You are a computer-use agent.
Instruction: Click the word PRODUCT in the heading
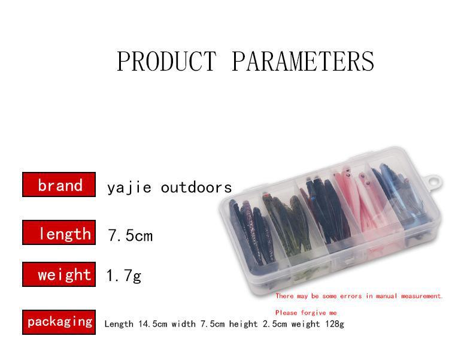tap(166, 61)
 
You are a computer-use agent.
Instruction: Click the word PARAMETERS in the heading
tap(303, 61)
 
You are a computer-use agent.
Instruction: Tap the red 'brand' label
tap(59, 184)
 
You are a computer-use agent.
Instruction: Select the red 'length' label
tap(59, 232)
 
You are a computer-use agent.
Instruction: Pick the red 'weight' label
tap(59, 274)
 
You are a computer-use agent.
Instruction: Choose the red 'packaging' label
tap(59, 322)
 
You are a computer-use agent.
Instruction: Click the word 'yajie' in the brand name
tap(129, 188)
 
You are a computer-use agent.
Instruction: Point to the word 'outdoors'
tap(196, 187)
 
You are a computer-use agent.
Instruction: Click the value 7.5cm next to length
tap(131, 235)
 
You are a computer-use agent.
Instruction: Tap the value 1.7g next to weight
tap(124, 276)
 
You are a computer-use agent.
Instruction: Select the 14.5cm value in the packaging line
tap(153, 324)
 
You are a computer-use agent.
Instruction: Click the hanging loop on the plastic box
tap(435, 181)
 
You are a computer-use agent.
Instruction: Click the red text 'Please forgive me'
tap(306, 313)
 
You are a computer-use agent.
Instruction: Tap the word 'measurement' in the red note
tap(422, 296)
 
